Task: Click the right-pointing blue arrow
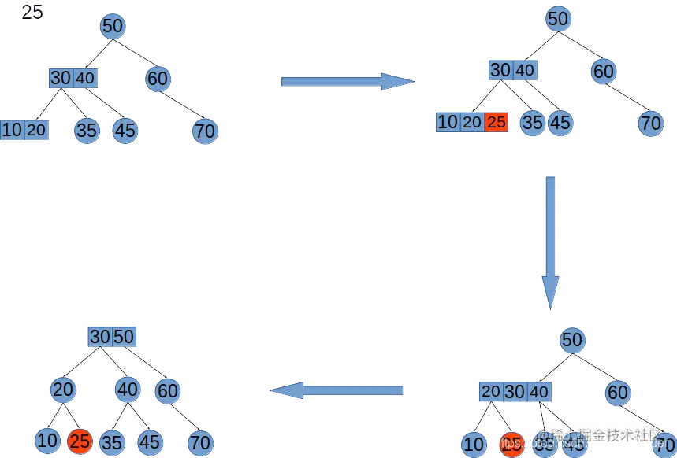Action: tap(347, 82)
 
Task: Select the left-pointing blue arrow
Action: tap(336, 390)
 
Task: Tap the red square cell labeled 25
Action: tap(496, 122)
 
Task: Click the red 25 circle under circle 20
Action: tap(79, 441)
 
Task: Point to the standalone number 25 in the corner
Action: tap(32, 13)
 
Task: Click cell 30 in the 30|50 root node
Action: tap(99, 337)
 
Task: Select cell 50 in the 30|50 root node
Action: tap(124, 337)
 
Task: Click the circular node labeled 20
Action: tap(63, 389)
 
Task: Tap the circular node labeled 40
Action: tap(127, 389)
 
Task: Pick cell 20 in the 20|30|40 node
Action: tap(491, 391)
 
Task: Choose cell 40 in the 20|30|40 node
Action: tap(539, 391)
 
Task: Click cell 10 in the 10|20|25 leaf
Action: tap(447, 122)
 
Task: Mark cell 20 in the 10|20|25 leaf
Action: tap(471, 122)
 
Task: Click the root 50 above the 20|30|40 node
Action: tap(572, 340)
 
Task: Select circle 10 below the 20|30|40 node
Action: tap(473, 445)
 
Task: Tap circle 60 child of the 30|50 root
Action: tap(167, 390)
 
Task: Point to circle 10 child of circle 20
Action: tap(47, 441)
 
